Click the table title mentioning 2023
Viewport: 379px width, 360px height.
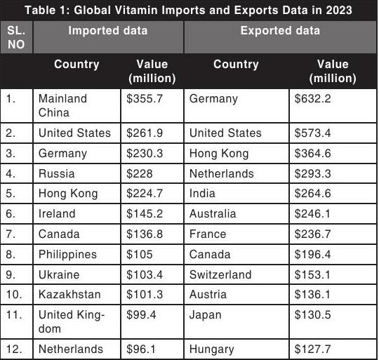188,10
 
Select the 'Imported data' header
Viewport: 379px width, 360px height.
108,31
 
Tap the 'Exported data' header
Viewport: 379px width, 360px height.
280,31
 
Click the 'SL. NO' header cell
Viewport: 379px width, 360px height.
16,37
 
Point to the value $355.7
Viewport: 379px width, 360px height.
145,98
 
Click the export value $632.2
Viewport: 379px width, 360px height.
312,98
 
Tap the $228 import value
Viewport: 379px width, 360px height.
140,174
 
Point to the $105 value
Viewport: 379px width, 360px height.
140,255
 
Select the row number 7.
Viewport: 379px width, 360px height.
11,234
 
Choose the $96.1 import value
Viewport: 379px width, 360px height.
141,349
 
